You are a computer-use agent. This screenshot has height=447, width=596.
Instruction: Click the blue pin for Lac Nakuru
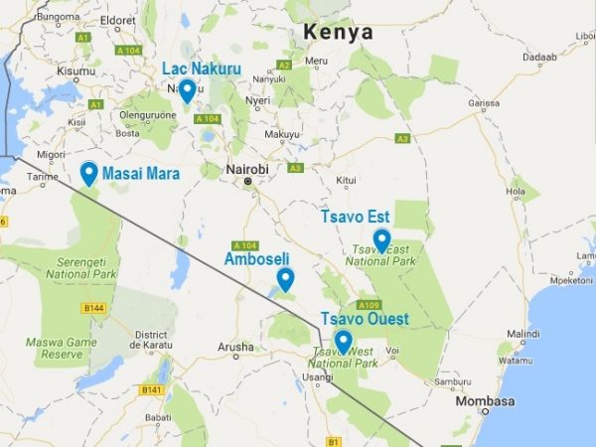(186, 90)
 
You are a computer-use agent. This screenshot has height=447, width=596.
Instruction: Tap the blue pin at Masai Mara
(89, 173)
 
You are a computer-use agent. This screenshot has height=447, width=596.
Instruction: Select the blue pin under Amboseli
(285, 278)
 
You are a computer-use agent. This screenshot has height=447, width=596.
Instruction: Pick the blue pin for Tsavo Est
(381, 239)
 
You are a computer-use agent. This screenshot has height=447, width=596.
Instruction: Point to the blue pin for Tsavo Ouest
(343, 342)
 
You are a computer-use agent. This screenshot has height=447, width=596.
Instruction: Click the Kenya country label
(339, 32)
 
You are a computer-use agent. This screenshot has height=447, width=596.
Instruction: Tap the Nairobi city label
(247, 170)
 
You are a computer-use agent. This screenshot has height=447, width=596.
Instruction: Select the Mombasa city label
(485, 401)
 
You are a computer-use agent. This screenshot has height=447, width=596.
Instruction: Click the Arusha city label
(235, 347)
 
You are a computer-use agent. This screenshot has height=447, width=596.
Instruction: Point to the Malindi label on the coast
(522, 334)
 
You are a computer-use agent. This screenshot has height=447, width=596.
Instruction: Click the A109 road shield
(369, 305)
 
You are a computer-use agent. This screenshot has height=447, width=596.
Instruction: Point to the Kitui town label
(346, 180)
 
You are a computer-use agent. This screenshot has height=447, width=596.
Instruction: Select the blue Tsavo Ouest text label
(364, 319)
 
